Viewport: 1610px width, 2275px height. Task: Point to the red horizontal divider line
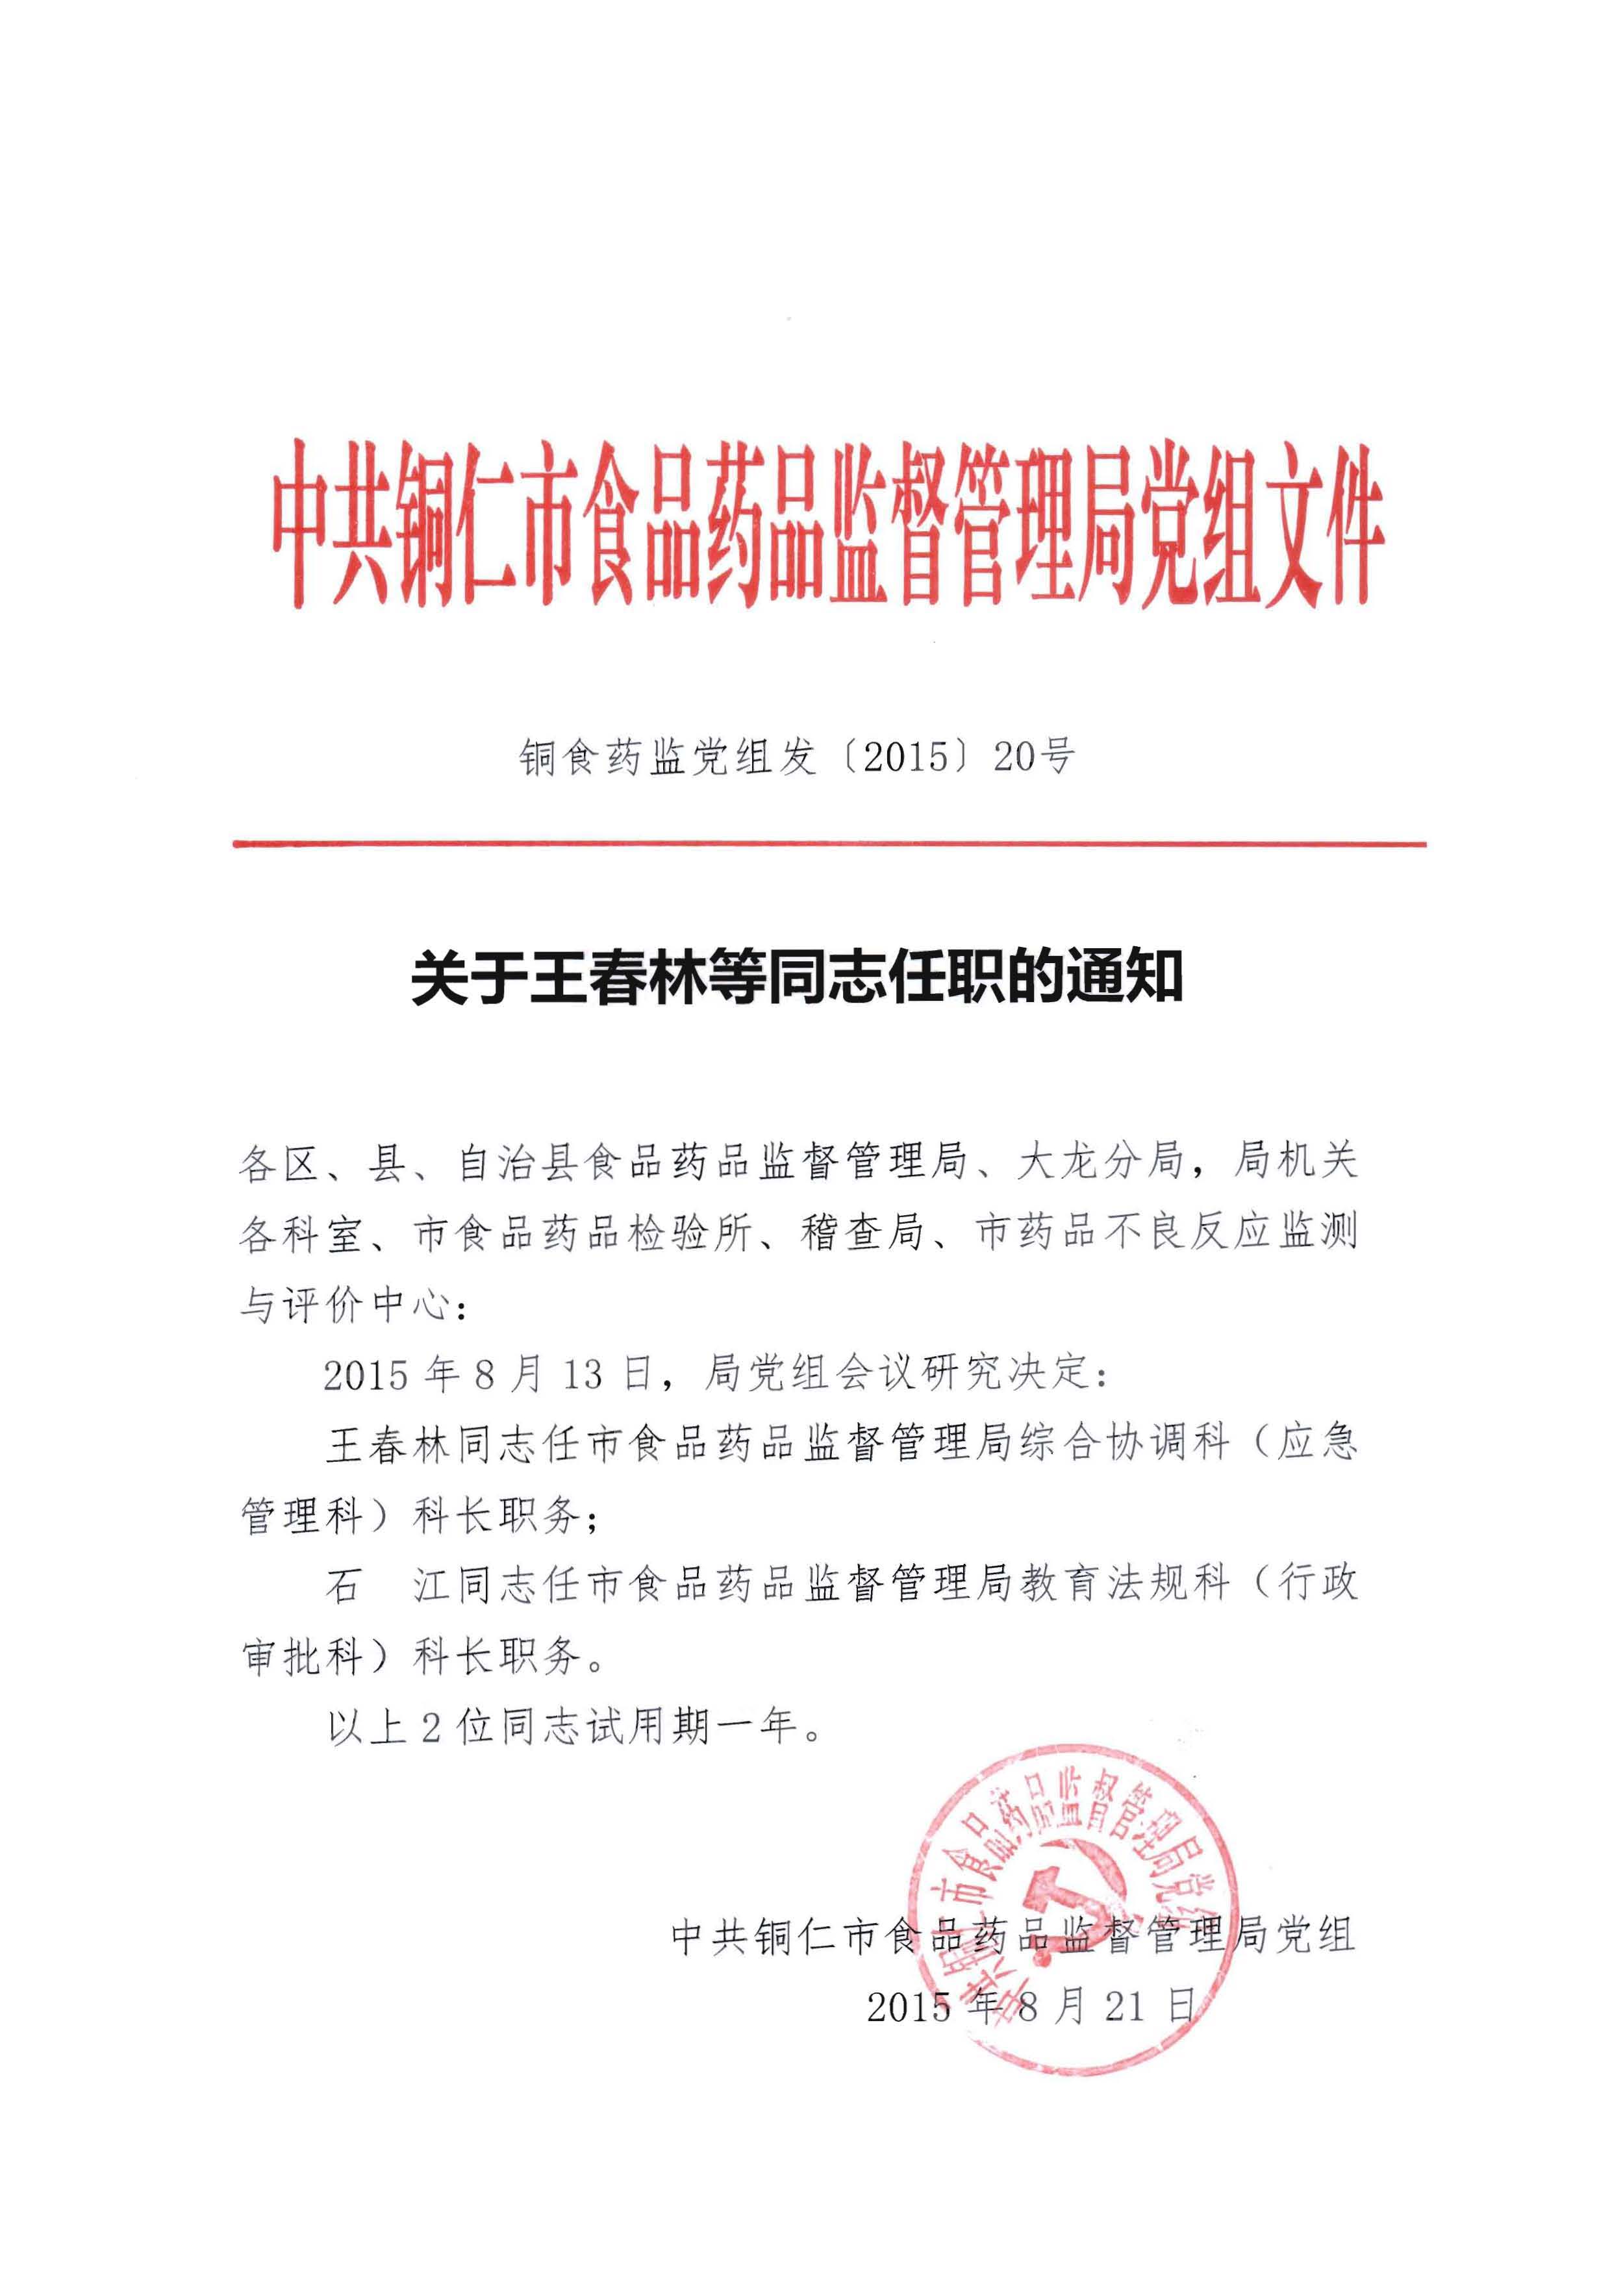[x=829, y=844]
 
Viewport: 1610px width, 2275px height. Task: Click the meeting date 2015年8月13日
[x=488, y=1374]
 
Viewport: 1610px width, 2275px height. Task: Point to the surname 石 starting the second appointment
[x=342, y=1585]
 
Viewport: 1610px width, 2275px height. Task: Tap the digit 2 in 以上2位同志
[x=430, y=1727]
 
